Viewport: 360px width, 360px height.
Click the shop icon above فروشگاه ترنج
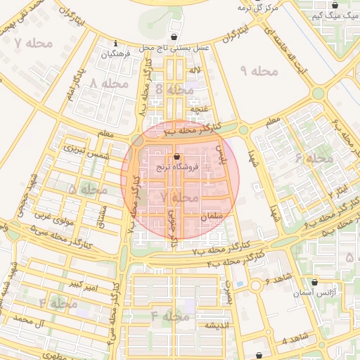click(176, 157)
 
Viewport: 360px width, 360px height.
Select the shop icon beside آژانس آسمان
click(315, 281)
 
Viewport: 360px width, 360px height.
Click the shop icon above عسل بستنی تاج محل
click(174, 37)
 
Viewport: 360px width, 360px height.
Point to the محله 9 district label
click(259, 71)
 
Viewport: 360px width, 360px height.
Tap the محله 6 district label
click(314, 158)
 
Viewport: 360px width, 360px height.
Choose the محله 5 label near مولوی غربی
click(88, 189)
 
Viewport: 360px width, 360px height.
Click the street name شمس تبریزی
click(83, 149)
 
